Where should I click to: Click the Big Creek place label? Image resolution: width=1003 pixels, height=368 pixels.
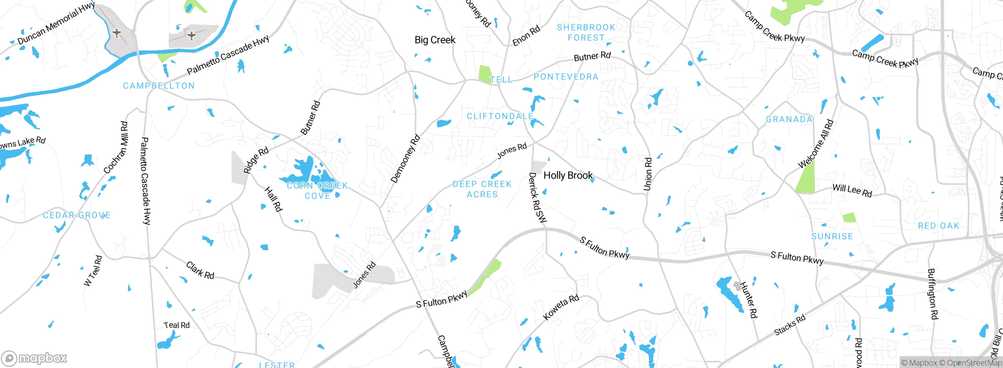click(x=435, y=40)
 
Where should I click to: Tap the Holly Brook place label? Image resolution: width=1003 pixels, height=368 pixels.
click(x=568, y=175)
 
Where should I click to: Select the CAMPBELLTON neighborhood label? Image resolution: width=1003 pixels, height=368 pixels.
click(x=159, y=86)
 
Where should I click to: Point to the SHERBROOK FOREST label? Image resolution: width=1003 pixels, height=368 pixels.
click(x=586, y=32)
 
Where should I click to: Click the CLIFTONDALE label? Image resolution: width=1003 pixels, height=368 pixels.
click(x=500, y=116)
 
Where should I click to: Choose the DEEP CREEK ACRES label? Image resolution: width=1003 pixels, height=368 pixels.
click(x=482, y=189)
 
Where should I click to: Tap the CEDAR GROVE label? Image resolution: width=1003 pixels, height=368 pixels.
click(x=76, y=215)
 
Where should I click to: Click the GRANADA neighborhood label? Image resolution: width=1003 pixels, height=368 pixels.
click(x=789, y=119)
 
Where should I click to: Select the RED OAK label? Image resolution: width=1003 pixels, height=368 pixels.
click(x=939, y=226)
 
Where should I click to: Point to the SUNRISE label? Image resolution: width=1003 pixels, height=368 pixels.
click(x=832, y=236)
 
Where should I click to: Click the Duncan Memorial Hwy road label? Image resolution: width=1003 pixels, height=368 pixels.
click(x=56, y=23)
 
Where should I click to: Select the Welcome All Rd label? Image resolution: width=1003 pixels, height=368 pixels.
click(x=816, y=144)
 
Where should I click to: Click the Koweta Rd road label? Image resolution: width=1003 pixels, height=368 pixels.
click(x=561, y=307)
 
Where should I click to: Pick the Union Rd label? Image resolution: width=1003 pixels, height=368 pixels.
click(x=648, y=174)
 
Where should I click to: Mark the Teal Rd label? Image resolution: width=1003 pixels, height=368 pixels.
click(x=176, y=325)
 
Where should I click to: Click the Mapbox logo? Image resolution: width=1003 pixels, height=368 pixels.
click(x=34, y=358)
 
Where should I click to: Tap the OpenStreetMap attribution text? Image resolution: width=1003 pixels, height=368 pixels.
click(x=974, y=363)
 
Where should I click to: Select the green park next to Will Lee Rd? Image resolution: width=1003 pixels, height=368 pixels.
click(x=806, y=177)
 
